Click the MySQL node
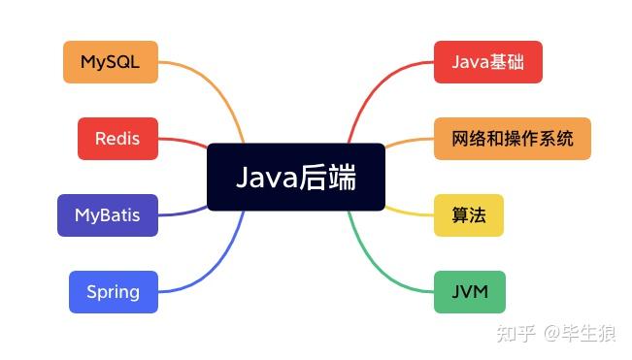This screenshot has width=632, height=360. tap(110, 62)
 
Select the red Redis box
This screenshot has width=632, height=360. tap(116, 138)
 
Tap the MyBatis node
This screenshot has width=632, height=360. tap(107, 214)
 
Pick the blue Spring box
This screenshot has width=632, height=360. tap(113, 291)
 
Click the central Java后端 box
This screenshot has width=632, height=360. tap(296, 177)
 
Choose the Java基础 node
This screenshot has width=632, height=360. tap(487, 62)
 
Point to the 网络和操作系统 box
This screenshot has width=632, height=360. tap(513, 138)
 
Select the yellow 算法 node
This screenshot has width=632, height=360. tap(469, 214)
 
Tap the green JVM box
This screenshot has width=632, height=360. tap(470, 291)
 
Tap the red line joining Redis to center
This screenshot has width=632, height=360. tap(184, 142)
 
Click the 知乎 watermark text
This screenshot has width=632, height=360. tap(514, 334)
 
